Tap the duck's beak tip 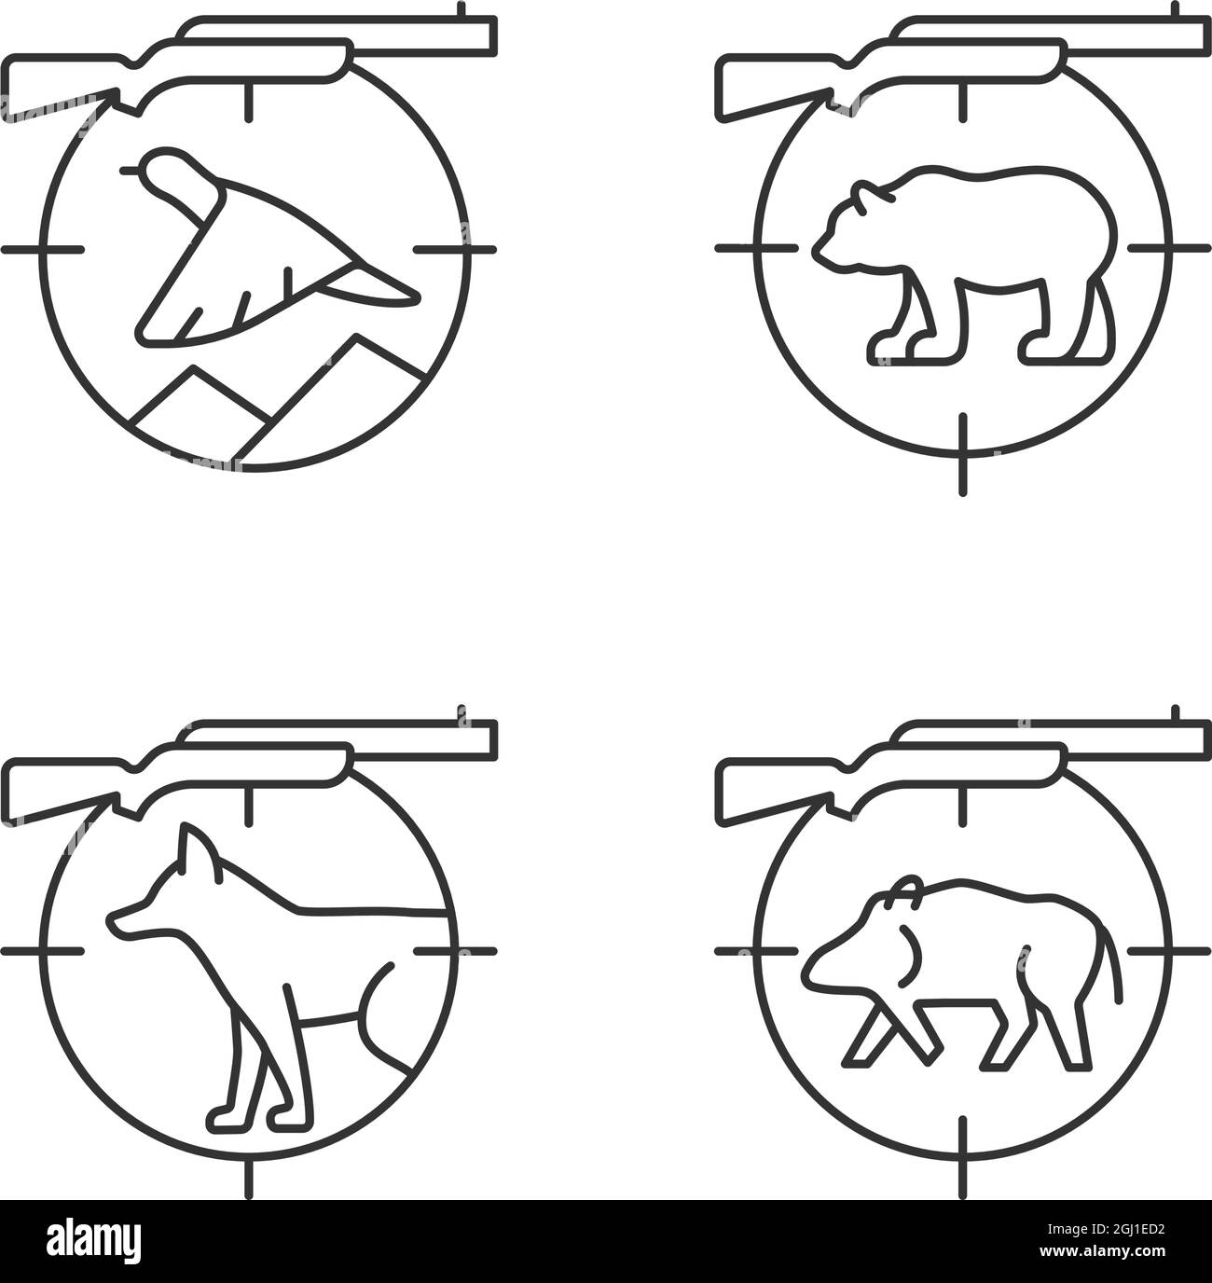coord(123,171)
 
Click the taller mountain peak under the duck coord(354,337)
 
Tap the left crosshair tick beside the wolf coord(43,951)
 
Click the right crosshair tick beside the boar coord(1169,951)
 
